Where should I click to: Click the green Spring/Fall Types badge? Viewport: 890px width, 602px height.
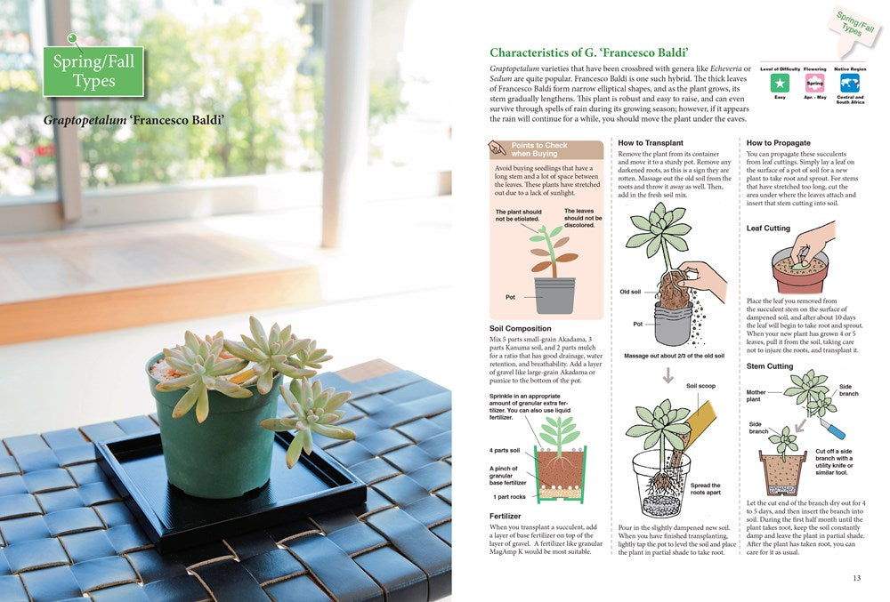[93, 71]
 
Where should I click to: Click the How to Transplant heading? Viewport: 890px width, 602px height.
[651, 142]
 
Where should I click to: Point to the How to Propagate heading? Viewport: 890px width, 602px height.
[778, 142]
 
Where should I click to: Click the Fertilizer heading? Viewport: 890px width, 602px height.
[506, 516]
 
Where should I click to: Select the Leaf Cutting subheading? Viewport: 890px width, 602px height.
[768, 229]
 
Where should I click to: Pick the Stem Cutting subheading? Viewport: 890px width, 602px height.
[769, 365]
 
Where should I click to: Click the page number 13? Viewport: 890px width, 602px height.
[856, 578]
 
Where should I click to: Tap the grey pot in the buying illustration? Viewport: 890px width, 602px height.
[554, 295]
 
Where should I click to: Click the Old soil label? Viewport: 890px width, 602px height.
[630, 292]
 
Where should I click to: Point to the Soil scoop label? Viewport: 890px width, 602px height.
[700, 386]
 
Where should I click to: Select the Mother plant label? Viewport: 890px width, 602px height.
[756, 396]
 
